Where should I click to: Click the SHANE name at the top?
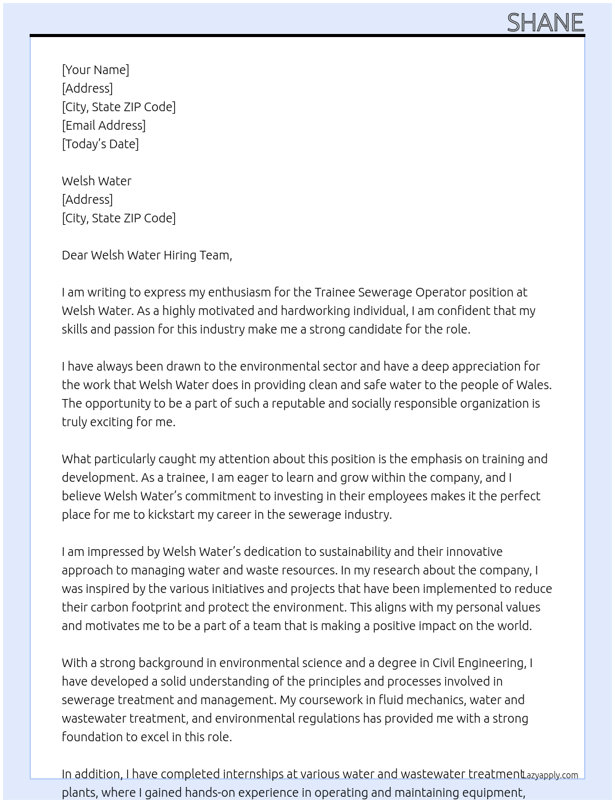(x=545, y=23)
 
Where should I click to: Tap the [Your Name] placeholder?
(x=96, y=70)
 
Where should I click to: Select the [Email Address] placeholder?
(x=104, y=125)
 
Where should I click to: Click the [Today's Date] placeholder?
(x=100, y=144)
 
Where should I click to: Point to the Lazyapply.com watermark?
(x=550, y=775)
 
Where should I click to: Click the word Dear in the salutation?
(x=74, y=255)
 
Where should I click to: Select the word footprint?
(x=151, y=607)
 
